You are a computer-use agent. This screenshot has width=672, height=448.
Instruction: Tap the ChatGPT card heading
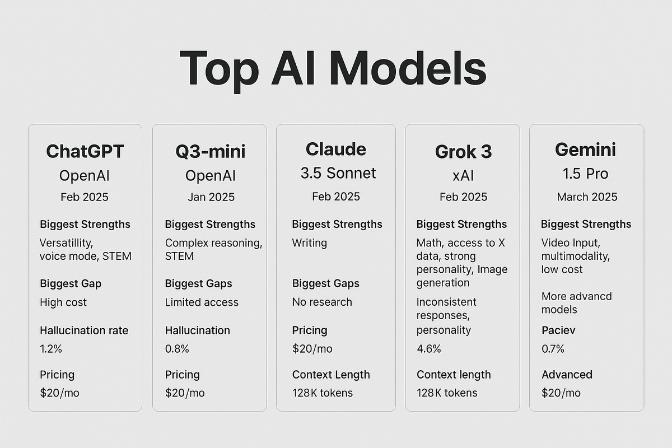85,151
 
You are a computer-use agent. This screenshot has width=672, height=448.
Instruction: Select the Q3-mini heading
211,151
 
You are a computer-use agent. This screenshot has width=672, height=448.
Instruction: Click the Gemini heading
586,150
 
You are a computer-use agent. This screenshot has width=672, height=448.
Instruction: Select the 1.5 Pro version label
586,174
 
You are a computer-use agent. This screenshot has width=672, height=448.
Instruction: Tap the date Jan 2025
211,197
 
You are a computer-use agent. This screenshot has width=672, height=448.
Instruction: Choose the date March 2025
587,197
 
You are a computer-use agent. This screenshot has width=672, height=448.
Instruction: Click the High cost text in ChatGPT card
63,302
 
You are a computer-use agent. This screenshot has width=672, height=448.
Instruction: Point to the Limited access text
202,302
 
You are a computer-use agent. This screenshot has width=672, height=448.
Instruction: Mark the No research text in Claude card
322,302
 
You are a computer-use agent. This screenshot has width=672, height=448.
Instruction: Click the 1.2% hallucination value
51,349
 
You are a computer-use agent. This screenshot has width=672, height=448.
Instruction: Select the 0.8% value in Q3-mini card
177,349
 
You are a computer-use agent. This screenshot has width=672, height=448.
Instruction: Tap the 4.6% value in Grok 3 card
428,349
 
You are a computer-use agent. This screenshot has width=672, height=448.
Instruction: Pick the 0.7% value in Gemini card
553,349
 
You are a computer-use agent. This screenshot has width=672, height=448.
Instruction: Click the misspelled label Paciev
558,330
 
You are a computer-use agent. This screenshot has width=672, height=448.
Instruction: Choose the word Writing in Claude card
309,243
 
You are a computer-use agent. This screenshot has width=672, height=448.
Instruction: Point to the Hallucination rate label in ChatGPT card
84,330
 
